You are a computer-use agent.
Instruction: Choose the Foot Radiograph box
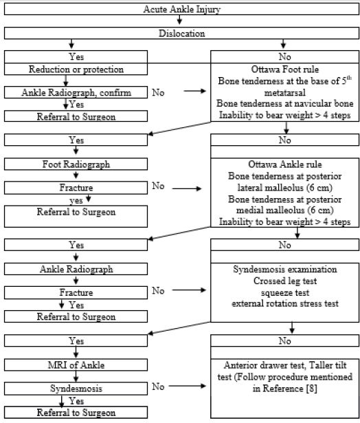pyautogui.click(x=76, y=165)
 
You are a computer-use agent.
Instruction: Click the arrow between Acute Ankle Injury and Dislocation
pyautogui.click(x=180, y=21)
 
